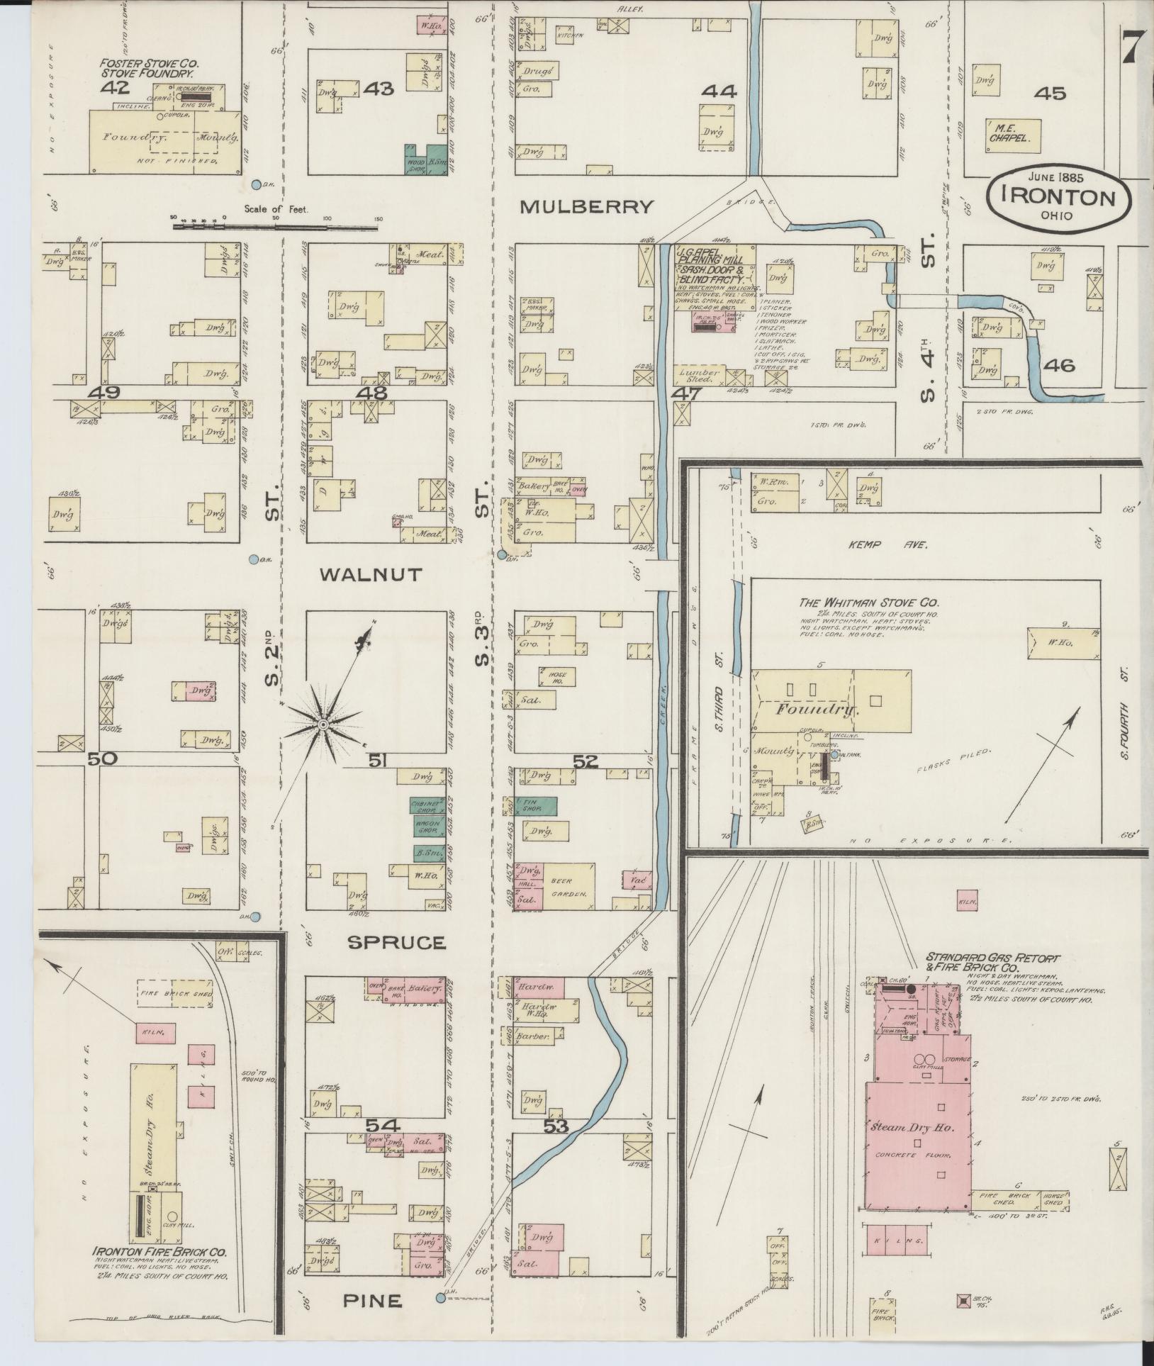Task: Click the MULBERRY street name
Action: (586, 207)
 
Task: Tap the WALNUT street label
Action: (370, 574)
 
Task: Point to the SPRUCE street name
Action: (396, 942)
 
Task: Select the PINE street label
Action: (373, 1300)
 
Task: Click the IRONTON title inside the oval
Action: (1058, 198)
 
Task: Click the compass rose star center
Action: (323, 724)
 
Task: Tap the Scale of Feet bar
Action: (276, 228)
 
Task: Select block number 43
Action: (379, 89)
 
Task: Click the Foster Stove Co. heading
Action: (147, 67)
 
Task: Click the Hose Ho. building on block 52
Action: (556, 676)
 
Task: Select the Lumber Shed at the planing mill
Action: (699, 375)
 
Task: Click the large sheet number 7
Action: (1132, 47)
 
